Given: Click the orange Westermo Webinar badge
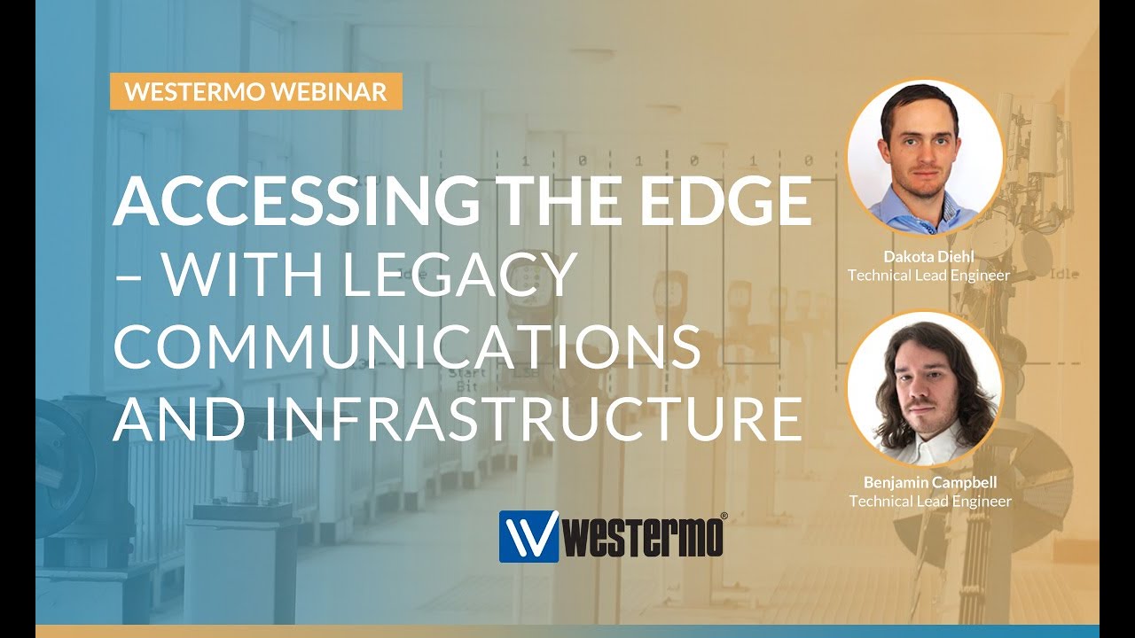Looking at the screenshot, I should (x=256, y=92).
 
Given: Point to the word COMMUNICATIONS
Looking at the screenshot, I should (x=406, y=348).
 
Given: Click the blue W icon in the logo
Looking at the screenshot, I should (x=528, y=536).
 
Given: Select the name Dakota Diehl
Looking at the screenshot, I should (x=928, y=257).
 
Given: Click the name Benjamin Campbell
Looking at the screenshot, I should (x=928, y=483).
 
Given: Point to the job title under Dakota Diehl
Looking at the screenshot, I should (x=928, y=276).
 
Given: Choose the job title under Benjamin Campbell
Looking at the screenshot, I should (x=929, y=502).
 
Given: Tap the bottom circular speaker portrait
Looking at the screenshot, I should (x=925, y=388).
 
